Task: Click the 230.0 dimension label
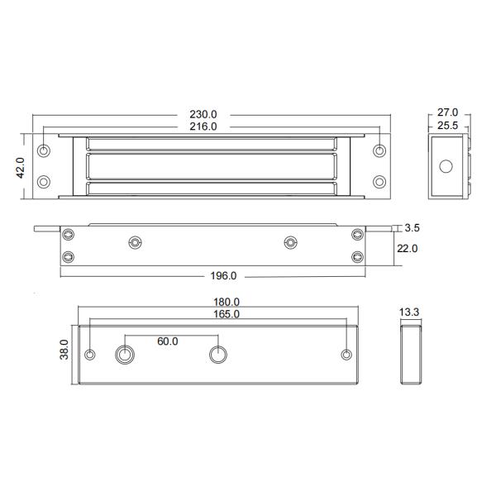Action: pyautogui.click(x=203, y=114)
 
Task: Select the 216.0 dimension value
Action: pyautogui.click(x=203, y=126)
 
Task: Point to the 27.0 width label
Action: pyautogui.click(x=447, y=112)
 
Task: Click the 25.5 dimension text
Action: pyautogui.click(x=447, y=126)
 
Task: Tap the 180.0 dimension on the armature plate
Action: pyautogui.click(x=226, y=303)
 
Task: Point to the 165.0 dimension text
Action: pyautogui.click(x=226, y=315)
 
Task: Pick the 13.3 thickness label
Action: pyautogui.click(x=411, y=312)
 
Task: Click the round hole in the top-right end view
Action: pyautogui.click(x=446, y=166)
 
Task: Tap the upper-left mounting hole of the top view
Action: pyautogui.click(x=45, y=151)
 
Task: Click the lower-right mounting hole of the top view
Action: pyautogui.click(x=379, y=181)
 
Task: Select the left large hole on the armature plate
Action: pyautogui.click(x=125, y=355)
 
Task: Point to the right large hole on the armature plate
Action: pyautogui.click(x=217, y=355)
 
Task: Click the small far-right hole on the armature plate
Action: pyautogui.click(x=346, y=355)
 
